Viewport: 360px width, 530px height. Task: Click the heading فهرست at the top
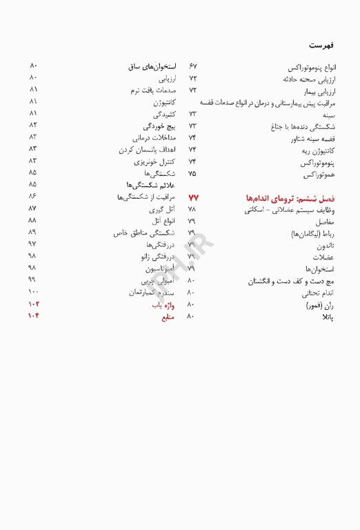pos(321,45)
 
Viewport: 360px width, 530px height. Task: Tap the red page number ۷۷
pos(193,198)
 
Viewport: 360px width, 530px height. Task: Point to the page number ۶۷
pos(192,67)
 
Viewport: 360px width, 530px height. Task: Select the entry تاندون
pos(324,246)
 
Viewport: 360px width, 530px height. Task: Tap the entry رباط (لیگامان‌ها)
pos(313,234)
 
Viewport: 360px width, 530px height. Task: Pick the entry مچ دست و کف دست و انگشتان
pos(292,282)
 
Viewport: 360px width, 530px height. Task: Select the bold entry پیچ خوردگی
pos(159,126)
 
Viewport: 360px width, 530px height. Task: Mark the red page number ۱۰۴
pos(33,317)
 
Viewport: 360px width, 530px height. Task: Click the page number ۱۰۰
pos(33,293)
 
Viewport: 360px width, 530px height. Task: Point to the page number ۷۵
pos(192,174)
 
